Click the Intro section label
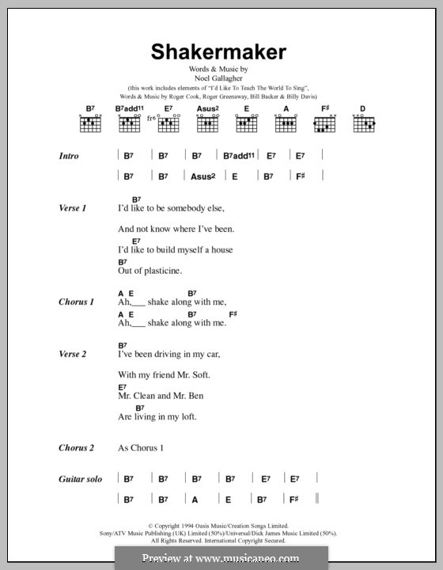69,156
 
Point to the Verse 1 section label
72,208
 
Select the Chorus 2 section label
76,448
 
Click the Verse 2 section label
72,354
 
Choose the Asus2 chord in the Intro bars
203,177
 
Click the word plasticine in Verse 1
159,271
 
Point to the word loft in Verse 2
187,416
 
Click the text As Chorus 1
140,448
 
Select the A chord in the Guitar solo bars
195,500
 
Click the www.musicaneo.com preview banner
221,558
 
